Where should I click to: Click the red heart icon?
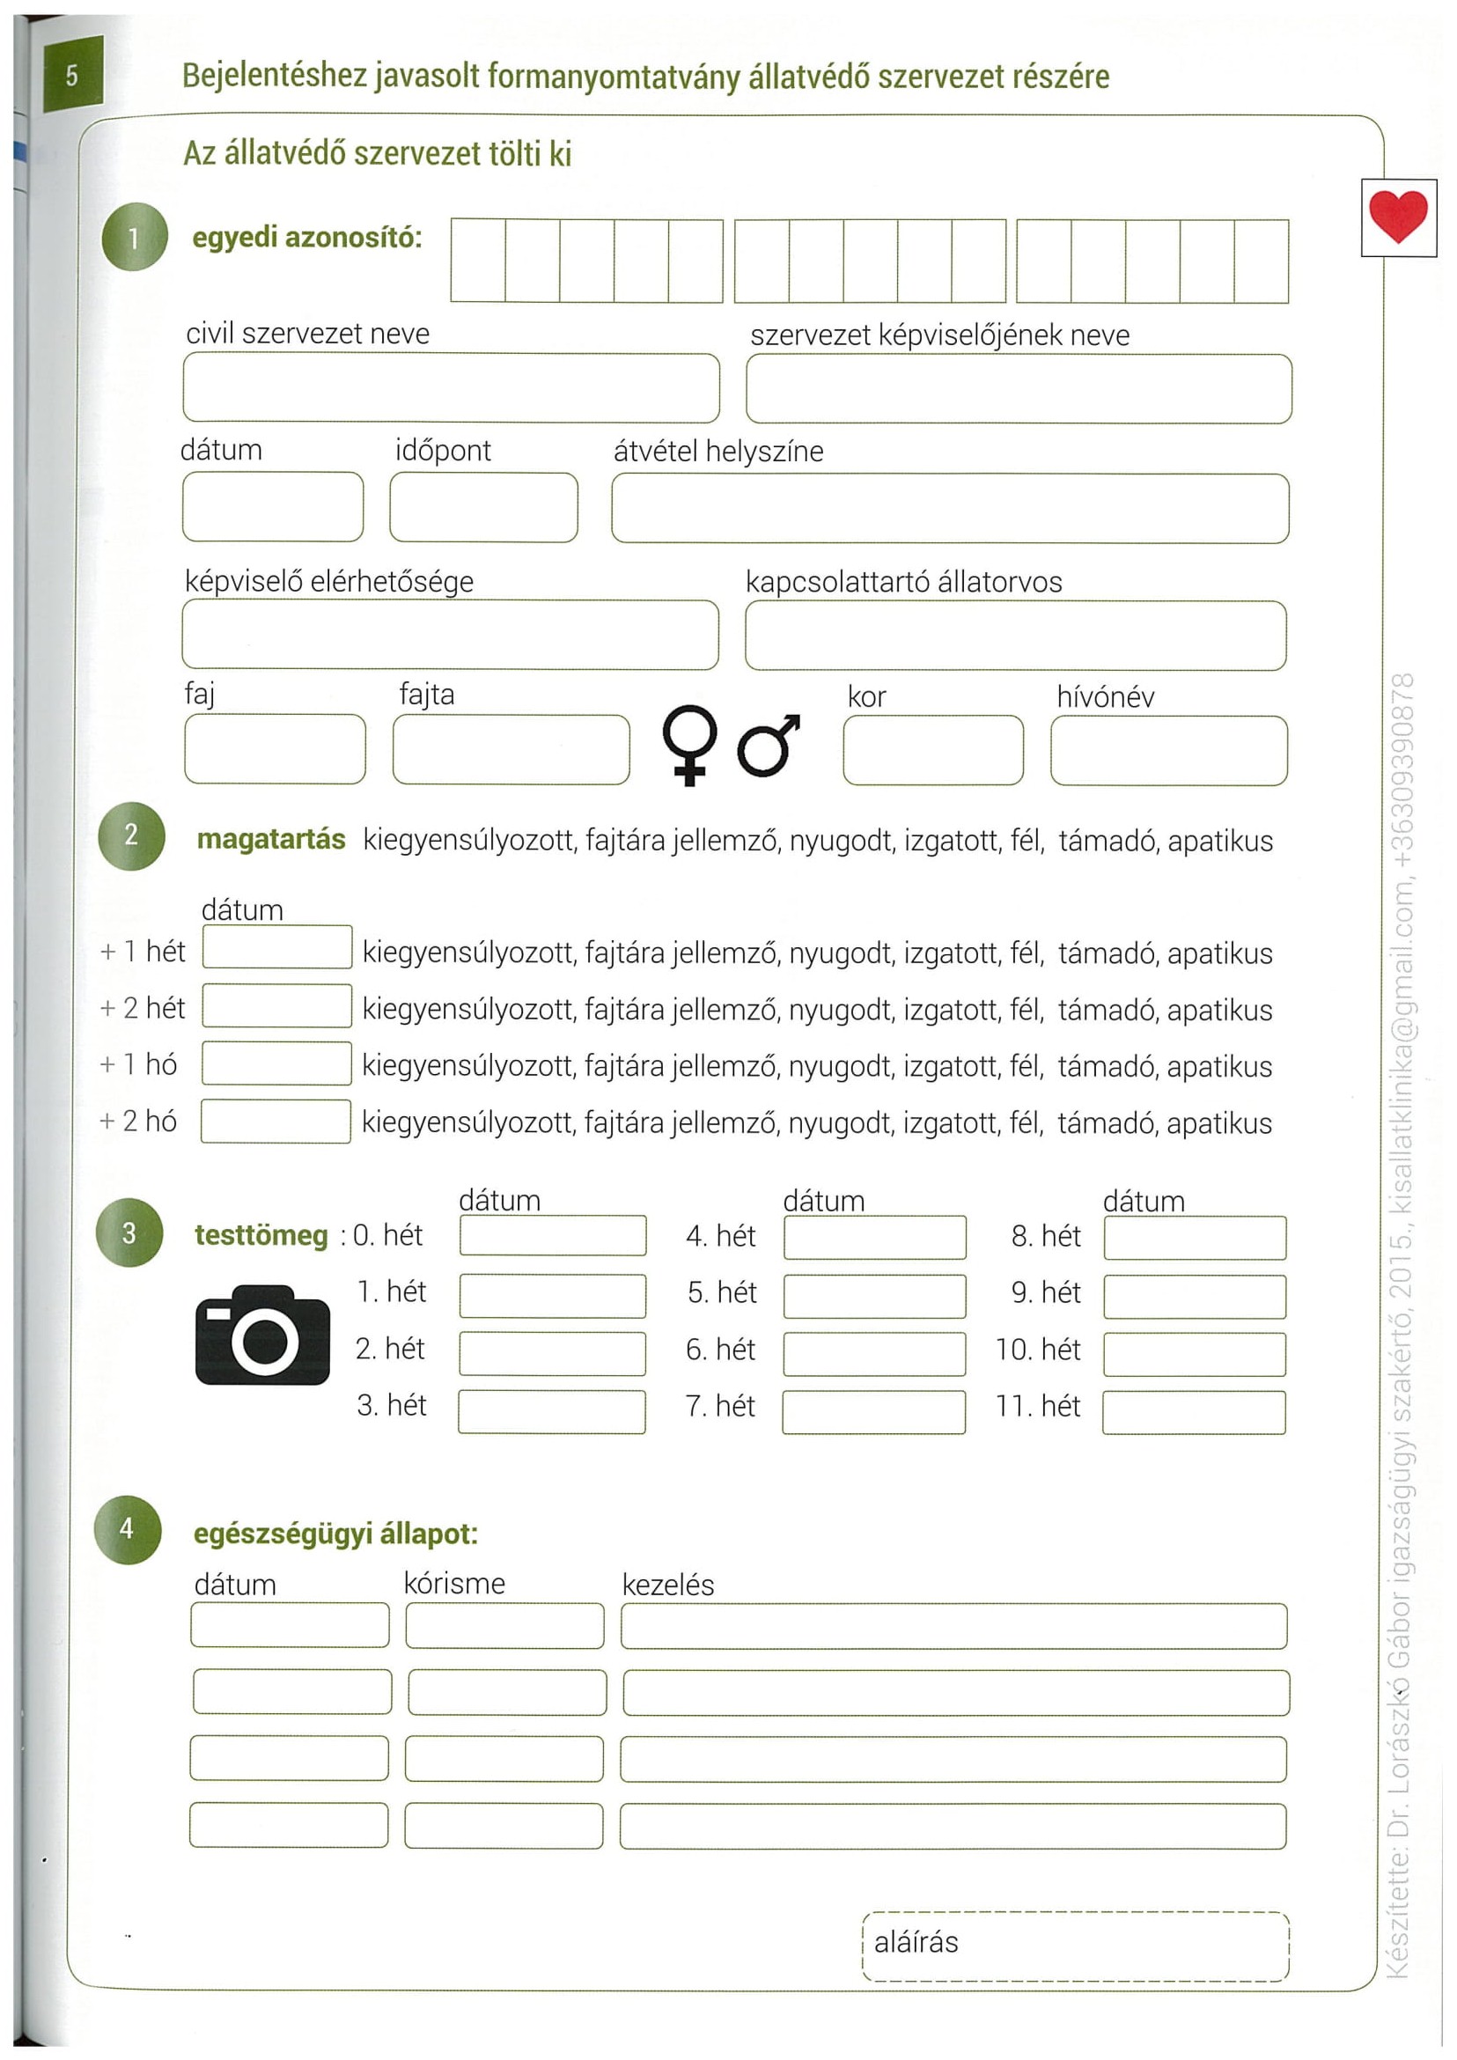pos(1398,217)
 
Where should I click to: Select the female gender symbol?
pos(689,745)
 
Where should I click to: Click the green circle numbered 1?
pos(135,238)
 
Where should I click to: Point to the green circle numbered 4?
pos(128,1530)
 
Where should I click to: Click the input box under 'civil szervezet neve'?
pos(451,387)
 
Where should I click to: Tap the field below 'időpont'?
pos(483,507)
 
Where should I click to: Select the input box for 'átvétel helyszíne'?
pos(949,508)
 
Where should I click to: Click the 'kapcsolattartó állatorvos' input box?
pos(1015,636)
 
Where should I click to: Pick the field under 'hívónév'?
pos(1168,750)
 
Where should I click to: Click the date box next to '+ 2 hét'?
pos(276,1004)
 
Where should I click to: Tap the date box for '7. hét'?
pos(873,1412)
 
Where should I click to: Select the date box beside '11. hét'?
pos(1193,1412)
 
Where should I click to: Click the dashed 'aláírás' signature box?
pos(1075,1946)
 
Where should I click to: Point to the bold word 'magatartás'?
pos(271,840)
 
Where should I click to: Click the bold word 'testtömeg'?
pos(261,1235)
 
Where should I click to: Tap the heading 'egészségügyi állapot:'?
pos(335,1534)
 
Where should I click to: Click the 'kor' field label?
pos(865,697)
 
